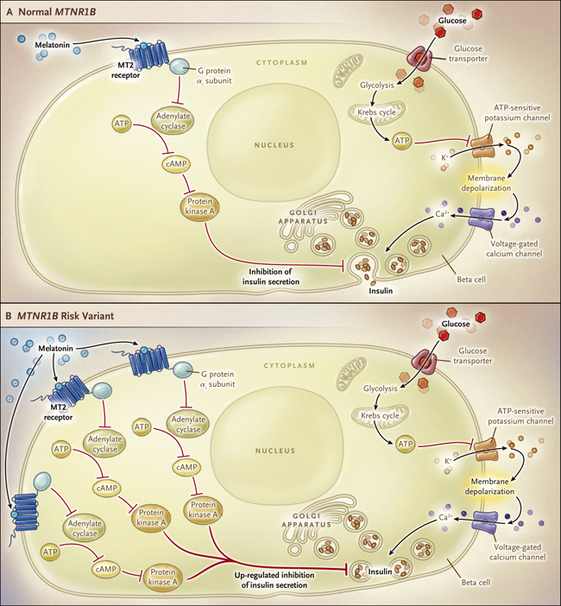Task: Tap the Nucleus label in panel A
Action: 274,145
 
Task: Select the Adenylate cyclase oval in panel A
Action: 173,121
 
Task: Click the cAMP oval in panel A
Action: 176,164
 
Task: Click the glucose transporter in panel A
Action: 420,59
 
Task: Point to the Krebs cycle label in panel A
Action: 376,112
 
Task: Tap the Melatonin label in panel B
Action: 55,348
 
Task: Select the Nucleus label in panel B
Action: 274,451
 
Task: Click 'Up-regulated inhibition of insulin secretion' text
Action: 274,580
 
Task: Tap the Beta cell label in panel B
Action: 476,583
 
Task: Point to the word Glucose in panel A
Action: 452,21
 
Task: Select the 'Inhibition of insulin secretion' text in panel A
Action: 271,277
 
